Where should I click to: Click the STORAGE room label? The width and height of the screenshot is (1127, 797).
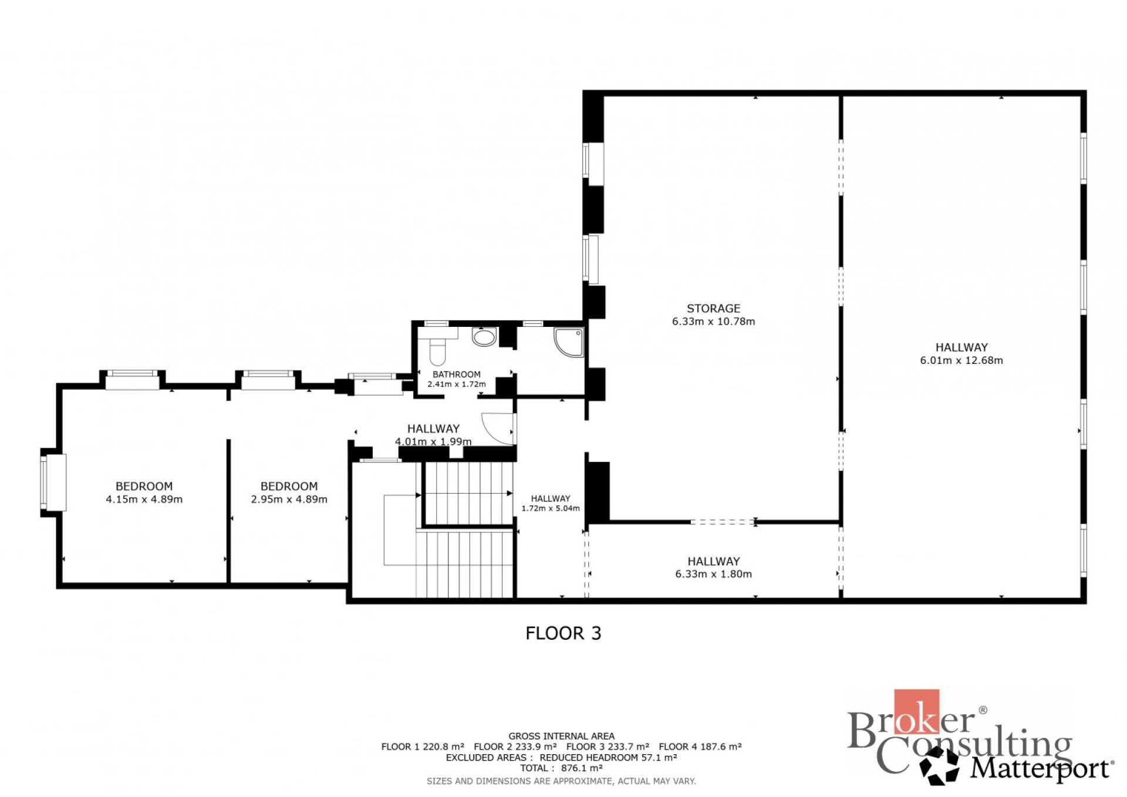tap(713, 308)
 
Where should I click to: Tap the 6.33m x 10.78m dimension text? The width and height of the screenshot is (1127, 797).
tap(713, 322)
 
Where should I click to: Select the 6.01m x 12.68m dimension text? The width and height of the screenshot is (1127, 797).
tap(961, 360)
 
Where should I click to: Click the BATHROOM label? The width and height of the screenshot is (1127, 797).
tap(456, 374)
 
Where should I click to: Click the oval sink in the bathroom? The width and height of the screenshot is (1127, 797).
tap(484, 337)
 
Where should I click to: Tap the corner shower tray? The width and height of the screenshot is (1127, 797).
tap(569, 342)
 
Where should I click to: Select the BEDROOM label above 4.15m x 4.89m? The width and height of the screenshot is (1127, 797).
tap(144, 487)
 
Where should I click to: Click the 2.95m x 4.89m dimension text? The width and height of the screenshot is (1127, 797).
tap(289, 499)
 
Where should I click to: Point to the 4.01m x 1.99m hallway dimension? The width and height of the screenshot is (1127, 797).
tap(433, 441)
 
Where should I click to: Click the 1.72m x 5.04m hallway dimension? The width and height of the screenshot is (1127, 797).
tap(551, 508)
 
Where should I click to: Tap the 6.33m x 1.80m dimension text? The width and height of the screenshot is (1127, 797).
tap(713, 574)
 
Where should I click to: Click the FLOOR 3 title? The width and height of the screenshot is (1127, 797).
tap(563, 633)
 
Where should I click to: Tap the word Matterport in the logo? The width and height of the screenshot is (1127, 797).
tap(1041, 769)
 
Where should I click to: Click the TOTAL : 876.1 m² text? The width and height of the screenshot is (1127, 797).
tap(561, 768)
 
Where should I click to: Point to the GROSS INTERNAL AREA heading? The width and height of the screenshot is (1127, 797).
tap(561, 736)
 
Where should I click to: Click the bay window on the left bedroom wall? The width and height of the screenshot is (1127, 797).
tap(52, 482)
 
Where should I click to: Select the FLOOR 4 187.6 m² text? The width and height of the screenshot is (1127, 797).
tap(700, 747)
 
